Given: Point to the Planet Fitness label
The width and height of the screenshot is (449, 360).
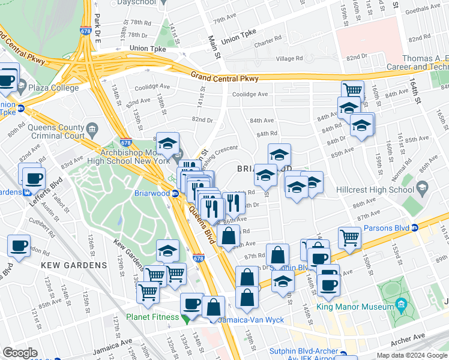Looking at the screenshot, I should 152,317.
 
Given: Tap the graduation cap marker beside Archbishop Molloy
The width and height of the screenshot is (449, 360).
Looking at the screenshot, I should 168,143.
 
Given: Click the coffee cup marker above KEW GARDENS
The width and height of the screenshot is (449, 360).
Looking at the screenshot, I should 19,245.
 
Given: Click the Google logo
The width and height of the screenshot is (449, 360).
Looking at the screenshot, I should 20,352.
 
